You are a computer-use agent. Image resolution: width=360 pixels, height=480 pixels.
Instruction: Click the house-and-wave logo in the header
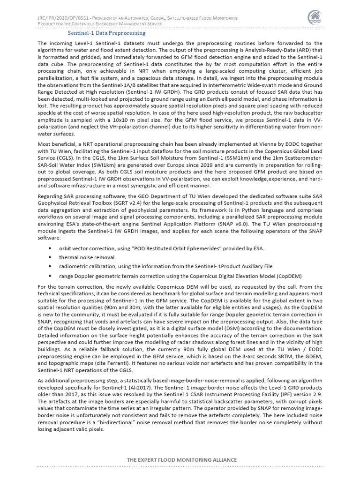(315, 17)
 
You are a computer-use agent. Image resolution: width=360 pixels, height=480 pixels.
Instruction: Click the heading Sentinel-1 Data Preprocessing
(106, 33)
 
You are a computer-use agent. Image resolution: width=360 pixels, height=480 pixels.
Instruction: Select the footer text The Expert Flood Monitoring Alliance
(182, 460)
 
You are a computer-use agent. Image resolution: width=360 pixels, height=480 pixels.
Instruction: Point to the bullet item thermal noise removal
(86, 257)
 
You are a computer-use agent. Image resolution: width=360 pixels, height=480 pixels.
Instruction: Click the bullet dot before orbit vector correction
(49, 248)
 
